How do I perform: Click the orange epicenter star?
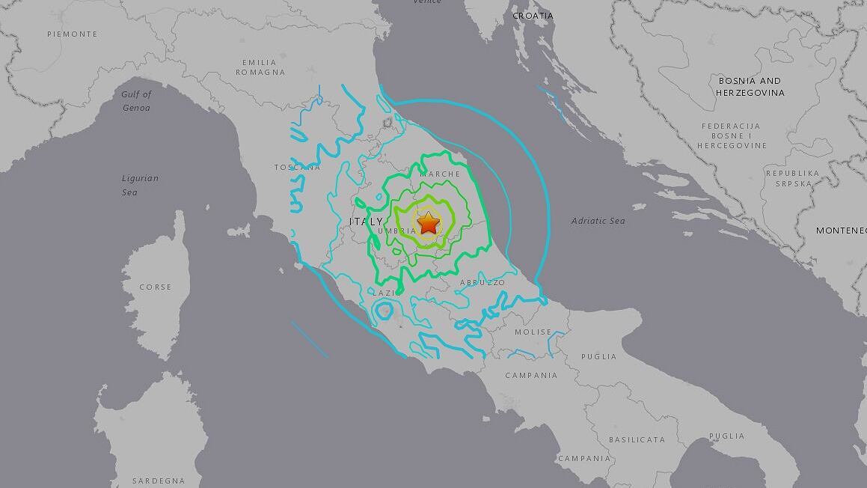pos(428,222)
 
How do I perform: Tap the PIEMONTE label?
pos(72,34)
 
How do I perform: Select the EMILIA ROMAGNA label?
pos(260,67)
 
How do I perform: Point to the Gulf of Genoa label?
pos(136,101)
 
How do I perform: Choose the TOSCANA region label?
pos(297,167)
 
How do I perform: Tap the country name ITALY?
pos(366,222)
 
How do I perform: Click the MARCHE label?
pos(440,174)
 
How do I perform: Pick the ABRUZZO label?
pos(482,282)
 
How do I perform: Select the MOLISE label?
pos(533,332)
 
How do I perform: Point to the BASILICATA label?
pos(637,439)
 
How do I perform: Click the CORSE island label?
pos(155,287)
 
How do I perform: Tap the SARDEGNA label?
pos(158,481)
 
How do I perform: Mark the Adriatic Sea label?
pos(598,221)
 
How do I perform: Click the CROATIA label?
pos(533,16)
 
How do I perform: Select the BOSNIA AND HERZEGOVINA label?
pos(750,86)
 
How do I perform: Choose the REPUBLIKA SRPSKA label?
pos(792,177)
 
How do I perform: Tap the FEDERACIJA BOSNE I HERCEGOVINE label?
pos(732,135)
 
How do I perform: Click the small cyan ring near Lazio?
pos(384,310)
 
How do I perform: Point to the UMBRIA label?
pos(397,231)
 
